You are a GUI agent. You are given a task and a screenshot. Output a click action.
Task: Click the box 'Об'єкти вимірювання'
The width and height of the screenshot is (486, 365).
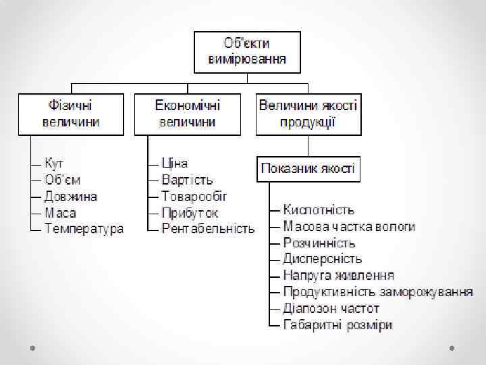(246, 51)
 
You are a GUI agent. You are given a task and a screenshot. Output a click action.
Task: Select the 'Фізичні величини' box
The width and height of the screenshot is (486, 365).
(71, 114)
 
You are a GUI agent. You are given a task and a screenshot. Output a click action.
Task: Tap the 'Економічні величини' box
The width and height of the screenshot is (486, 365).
(188, 114)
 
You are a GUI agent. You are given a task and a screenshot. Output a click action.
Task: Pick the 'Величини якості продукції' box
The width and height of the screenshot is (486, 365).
(308, 114)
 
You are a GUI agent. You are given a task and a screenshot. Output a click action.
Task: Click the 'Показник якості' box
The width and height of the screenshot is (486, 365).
(308, 168)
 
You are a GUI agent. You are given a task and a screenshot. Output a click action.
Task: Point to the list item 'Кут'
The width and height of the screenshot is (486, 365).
(54, 164)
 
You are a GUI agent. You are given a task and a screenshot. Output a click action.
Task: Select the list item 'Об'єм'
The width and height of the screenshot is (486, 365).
(62, 180)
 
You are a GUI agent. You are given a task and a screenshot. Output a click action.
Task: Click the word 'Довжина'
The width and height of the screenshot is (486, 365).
(71, 197)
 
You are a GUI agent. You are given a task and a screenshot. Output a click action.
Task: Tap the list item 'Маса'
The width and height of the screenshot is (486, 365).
(60, 213)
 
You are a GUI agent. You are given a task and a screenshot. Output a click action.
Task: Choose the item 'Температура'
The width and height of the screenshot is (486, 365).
(84, 229)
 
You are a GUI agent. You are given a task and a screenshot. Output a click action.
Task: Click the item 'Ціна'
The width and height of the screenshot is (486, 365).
(175, 164)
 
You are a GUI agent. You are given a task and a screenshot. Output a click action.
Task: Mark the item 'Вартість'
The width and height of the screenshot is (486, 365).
(187, 180)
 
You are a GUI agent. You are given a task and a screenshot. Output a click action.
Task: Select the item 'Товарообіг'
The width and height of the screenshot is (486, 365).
(194, 197)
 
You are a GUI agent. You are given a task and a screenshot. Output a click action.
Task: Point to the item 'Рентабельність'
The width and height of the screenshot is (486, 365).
(209, 229)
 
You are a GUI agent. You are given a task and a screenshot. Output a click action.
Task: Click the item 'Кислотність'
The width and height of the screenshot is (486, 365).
(319, 210)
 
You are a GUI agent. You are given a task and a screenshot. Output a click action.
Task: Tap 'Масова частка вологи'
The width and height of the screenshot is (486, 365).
(349, 226)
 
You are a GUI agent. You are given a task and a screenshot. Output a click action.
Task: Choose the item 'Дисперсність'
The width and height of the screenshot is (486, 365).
(323, 259)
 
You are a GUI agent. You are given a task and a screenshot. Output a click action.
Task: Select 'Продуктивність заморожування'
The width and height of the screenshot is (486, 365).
(378, 292)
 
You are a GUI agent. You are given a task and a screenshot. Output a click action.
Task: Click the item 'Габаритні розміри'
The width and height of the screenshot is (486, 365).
(337, 325)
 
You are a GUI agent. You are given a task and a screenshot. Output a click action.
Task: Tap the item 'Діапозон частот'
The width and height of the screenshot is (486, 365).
(331, 308)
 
